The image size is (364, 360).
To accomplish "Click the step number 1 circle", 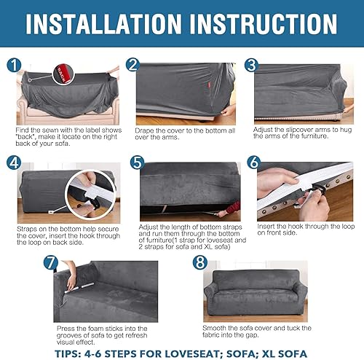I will point(14,65).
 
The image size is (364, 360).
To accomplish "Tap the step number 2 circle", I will point(132,65).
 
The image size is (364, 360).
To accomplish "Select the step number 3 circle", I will point(250,65).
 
